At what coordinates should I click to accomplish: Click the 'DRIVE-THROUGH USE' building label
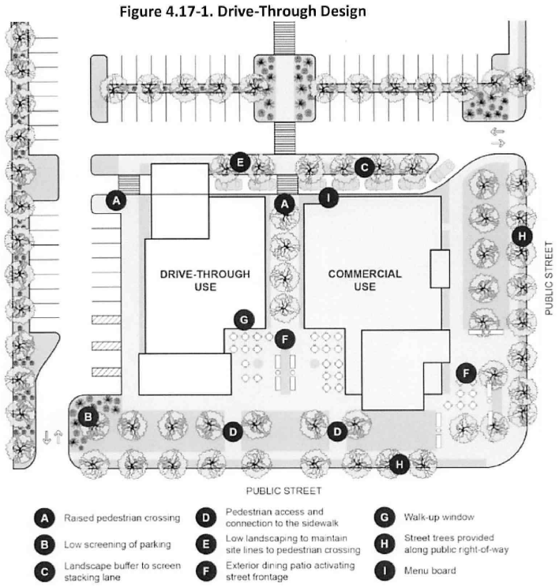204,280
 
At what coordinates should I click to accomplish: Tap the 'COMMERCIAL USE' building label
365,280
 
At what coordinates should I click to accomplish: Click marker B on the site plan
90,416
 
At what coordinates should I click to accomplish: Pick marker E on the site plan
242,163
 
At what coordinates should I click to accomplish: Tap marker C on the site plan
362,166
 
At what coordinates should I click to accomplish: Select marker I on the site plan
328,197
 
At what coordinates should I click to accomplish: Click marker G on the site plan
245,319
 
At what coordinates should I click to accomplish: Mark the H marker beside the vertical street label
520,235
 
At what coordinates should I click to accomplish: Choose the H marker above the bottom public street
400,465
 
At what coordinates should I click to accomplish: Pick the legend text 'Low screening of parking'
115,544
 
